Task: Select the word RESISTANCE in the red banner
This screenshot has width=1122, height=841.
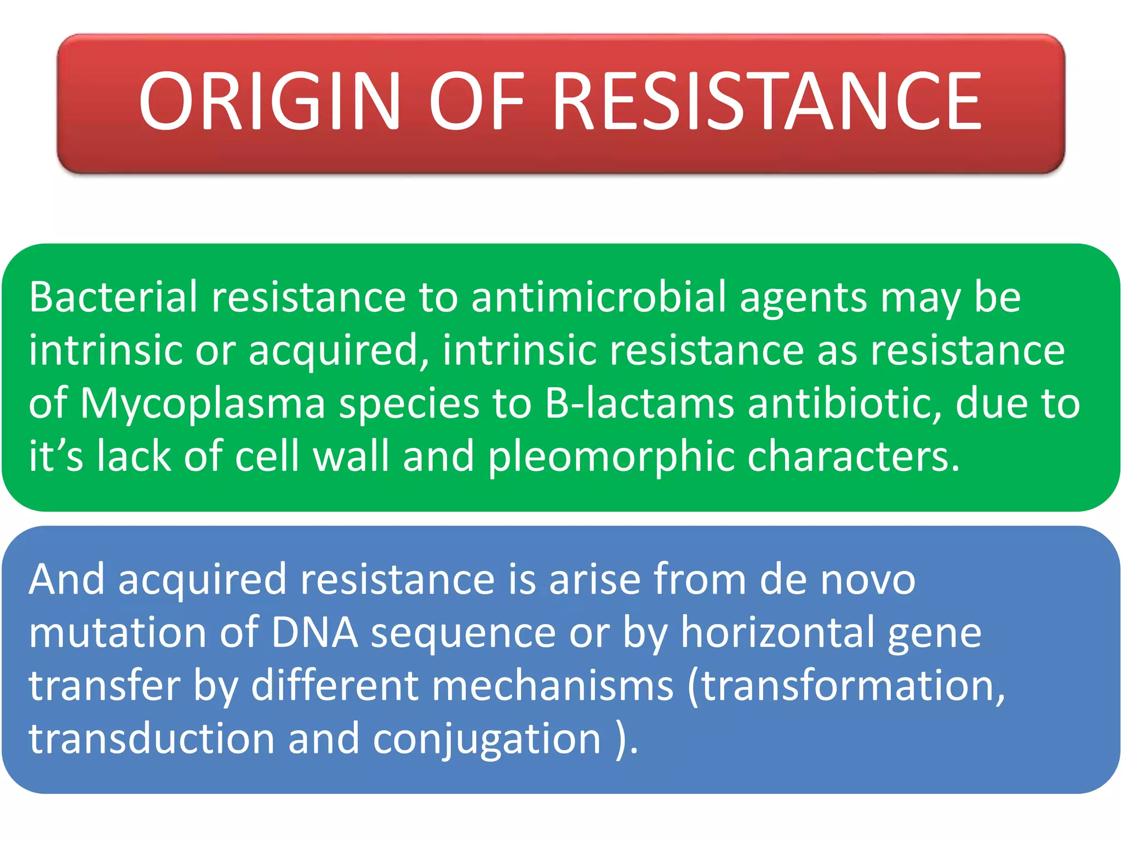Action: [x=767, y=102]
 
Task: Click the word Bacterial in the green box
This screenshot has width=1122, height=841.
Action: [x=113, y=297]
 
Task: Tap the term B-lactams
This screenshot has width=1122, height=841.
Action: [x=639, y=403]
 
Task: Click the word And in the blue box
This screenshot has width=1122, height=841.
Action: [x=66, y=579]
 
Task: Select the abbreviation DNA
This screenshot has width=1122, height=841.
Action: [x=314, y=633]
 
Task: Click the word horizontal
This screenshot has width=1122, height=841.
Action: [x=777, y=633]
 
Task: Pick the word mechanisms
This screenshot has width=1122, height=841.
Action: [x=553, y=686]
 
